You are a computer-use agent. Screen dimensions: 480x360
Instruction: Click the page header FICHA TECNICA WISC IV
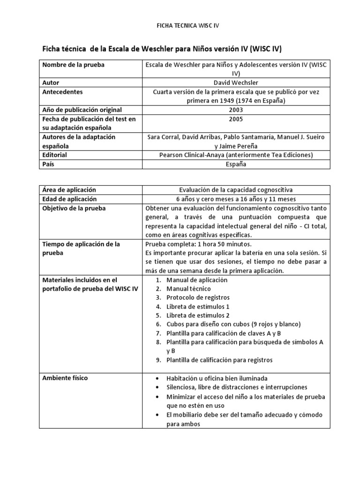coord(180,26)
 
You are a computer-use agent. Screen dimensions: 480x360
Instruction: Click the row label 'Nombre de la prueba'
coord(73,65)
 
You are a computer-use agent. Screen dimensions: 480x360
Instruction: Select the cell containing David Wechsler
coord(236,82)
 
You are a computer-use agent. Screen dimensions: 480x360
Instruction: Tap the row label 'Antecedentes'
coord(62,92)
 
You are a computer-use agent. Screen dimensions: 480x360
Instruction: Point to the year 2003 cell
coord(236,110)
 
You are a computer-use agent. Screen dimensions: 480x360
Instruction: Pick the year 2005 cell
coord(236,119)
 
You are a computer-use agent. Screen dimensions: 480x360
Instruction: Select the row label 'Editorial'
coord(55,155)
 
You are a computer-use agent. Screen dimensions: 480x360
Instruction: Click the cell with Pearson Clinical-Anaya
coord(236,155)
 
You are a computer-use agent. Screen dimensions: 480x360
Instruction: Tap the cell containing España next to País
coord(236,164)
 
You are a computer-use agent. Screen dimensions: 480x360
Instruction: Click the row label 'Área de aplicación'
coord(69,190)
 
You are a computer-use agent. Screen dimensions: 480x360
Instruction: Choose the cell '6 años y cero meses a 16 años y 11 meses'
coord(236,199)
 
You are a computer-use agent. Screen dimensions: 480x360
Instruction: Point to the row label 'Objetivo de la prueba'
coord(74,208)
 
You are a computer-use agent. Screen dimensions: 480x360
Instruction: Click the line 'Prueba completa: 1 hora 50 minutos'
coord(199,244)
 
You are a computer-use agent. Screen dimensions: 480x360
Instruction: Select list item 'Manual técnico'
coord(188,289)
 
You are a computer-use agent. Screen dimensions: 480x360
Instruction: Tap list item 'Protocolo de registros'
coord(198,298)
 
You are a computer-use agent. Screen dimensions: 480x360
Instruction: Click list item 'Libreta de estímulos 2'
coord(198,315)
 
